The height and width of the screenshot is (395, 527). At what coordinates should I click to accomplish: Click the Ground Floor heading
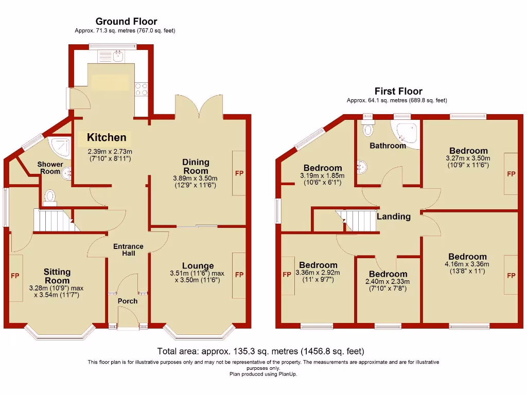126,21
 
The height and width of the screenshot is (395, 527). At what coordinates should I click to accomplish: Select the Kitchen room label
107,137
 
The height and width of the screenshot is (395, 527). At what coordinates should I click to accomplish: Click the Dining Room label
196,166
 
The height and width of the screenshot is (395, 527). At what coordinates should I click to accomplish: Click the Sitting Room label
57,276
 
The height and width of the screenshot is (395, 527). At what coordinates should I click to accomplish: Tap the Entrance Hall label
128,250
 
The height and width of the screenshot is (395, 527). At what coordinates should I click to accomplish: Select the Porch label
128,300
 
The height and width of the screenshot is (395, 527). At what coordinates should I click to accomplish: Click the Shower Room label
50,168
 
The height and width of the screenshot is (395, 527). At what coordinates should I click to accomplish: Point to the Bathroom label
388,146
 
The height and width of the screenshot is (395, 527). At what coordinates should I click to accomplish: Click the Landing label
393,217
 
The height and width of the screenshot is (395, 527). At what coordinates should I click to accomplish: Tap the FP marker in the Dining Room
239,173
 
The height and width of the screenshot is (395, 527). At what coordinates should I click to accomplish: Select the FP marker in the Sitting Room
15,276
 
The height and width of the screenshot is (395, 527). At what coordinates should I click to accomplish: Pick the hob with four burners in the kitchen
141,89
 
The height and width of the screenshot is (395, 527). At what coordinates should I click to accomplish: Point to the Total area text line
260,352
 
